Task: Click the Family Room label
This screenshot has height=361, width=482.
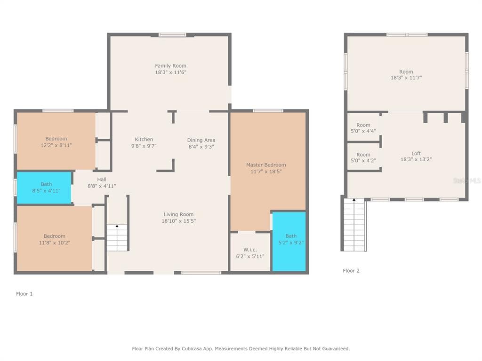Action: (170, 66)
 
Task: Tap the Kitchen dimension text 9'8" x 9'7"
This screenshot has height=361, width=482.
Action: (144, 146)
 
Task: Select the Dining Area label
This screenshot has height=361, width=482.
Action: (201, 140)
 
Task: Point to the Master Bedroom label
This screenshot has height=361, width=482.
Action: (265, 165)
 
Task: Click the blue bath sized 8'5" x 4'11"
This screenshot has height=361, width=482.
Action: (44, 188)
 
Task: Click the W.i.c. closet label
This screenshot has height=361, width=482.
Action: (249, 250)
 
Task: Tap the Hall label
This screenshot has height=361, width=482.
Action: (102, 180)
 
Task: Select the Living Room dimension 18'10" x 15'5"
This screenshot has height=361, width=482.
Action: (178, 221)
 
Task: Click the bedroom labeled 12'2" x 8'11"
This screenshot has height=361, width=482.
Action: (56, 142)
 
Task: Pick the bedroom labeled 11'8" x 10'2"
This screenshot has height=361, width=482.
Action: (54, 239)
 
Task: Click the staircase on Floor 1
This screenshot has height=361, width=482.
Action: (117, 238)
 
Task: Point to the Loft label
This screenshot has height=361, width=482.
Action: (416, 153)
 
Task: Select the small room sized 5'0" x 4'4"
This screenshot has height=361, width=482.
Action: (363, 128)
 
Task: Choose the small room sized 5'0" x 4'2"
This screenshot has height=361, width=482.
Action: (363, 157)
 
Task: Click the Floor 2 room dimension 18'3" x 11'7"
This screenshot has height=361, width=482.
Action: (406, 78)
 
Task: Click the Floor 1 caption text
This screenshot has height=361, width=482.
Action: (24, 294)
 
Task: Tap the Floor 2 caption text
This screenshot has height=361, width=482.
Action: (351, 271)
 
